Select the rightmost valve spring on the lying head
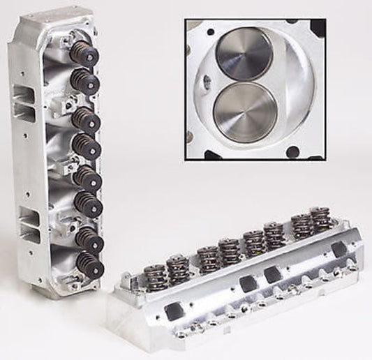[x=320, y=222]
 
